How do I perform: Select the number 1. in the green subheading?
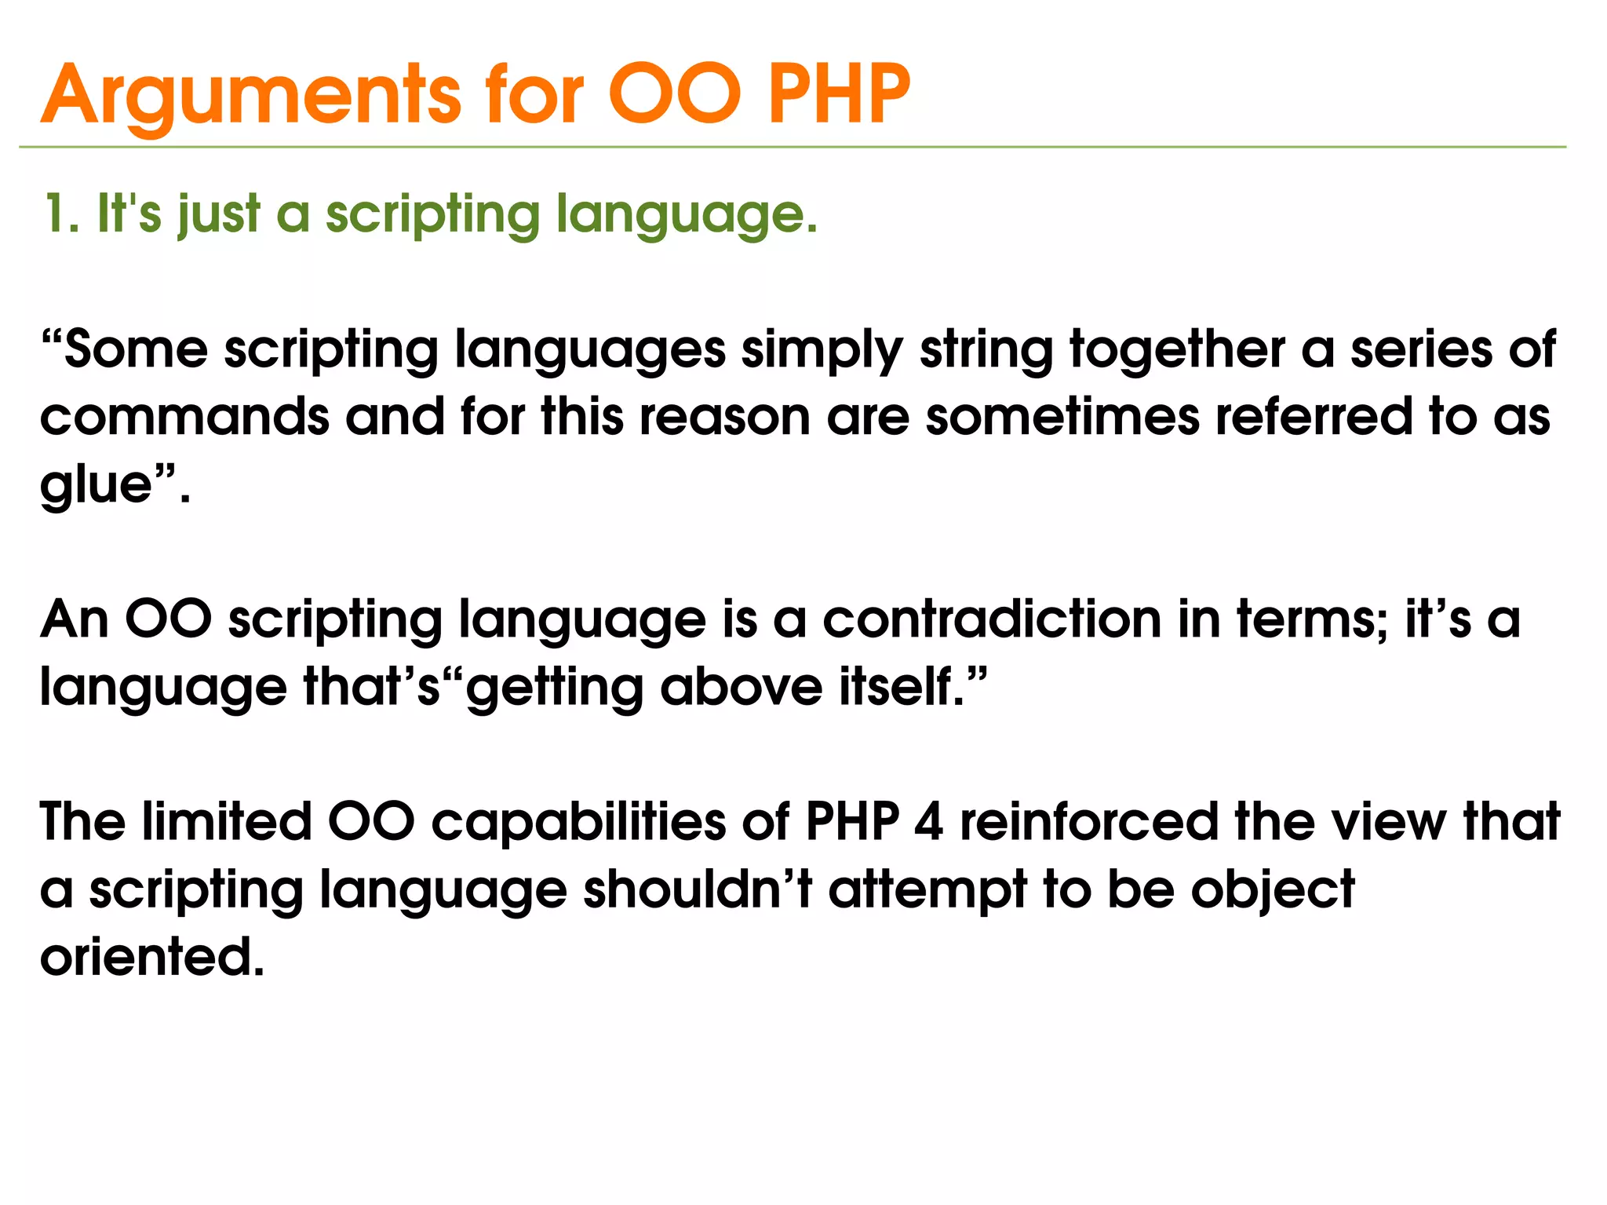pos(61,214)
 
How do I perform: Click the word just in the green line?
pos(219,215)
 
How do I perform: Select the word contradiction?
pos(991,619)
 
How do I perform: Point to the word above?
pos(741,687)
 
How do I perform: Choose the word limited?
pos(227,822)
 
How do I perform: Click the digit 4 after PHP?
pos(928,823)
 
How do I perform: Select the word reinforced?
pos(1088,822)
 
